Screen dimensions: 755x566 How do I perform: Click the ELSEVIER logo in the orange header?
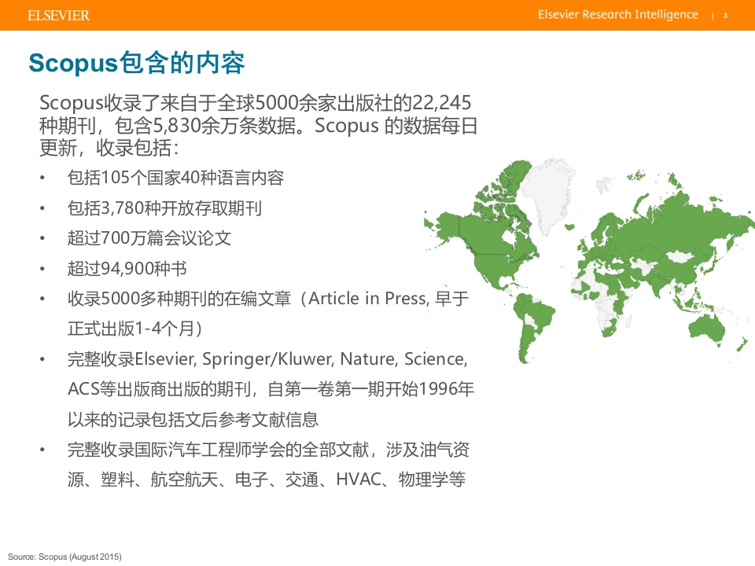[58, 16]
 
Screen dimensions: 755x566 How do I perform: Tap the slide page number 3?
[725, 16]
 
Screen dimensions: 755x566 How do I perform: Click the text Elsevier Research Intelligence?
[618, 14]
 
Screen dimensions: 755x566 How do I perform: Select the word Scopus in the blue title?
[72, 64]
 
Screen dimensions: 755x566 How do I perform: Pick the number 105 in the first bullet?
[115, 178]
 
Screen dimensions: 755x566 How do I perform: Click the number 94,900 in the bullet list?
[126, 268]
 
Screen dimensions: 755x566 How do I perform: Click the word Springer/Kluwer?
[267, 359]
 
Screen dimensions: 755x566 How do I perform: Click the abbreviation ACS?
[83, 389]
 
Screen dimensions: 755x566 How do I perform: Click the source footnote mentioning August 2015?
[64, 557]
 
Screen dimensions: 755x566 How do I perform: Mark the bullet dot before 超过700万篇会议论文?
[42, 238]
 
